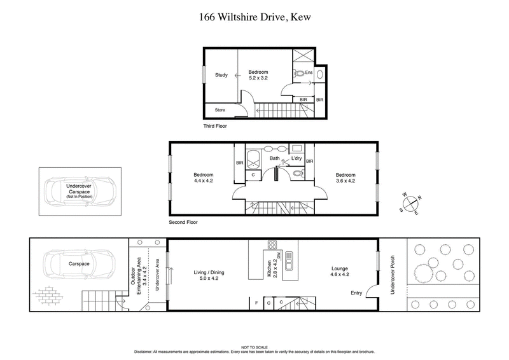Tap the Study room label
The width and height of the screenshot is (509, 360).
tap(221, 76)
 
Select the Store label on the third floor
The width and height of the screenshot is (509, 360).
tap(220, 111)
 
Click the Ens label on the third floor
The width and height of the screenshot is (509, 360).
tap(309, 73)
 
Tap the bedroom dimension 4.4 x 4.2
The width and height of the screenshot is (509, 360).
tap(204, 181)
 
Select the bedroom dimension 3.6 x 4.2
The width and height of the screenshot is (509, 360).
tap(345, 181)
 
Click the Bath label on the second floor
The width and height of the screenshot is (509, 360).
tap(275, 158)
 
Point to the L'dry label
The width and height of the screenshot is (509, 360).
tap(296, 158)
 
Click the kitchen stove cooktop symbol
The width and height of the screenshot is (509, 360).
tap(273, 246)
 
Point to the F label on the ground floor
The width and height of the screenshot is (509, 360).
tap(256, 303)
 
